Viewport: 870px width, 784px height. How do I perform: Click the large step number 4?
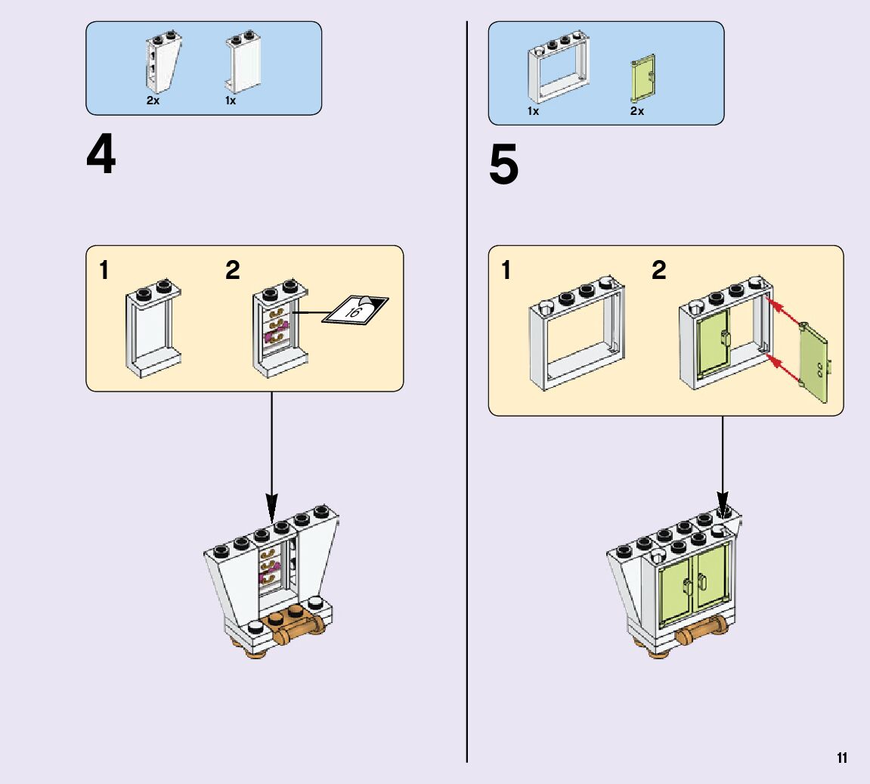(101, 156)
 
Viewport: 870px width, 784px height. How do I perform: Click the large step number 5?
(504, 166)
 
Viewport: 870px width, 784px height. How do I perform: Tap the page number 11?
(841, 758)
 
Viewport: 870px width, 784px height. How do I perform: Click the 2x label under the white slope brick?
(153, 101)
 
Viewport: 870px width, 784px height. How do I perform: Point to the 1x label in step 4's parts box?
(231, 101)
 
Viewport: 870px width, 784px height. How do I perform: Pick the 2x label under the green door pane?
(636, 111)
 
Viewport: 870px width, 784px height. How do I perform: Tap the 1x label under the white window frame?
(533, 111)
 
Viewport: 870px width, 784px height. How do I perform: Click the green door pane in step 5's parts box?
(642, 77)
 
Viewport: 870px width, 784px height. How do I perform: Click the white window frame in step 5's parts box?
(557, 67)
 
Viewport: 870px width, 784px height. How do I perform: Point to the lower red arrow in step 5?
(786, 369)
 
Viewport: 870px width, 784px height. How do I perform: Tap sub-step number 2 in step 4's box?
(232, 270)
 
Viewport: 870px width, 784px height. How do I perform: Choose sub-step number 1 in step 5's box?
(506, 270)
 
